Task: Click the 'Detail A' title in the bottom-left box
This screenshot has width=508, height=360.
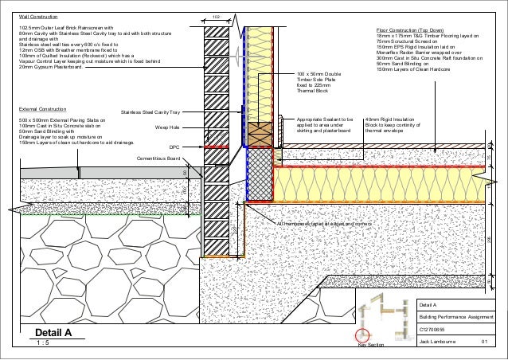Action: pyautogui.click(x=53, y=333)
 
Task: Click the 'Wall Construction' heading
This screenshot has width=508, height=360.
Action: pyautogui.click(x=38, y=17)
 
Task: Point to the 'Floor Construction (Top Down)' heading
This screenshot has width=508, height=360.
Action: pyautogui.click(x=415, y=29)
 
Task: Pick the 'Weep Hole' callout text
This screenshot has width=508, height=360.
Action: pyautogui.click(x=168, y=127)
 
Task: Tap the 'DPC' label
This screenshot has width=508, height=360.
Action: pyautogui.click(x=175, y=147)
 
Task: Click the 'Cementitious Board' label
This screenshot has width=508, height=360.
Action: pyautogui.click(x=158, y=159)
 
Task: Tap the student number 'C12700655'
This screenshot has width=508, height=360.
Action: pyautogui.click(x=434, y=330)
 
